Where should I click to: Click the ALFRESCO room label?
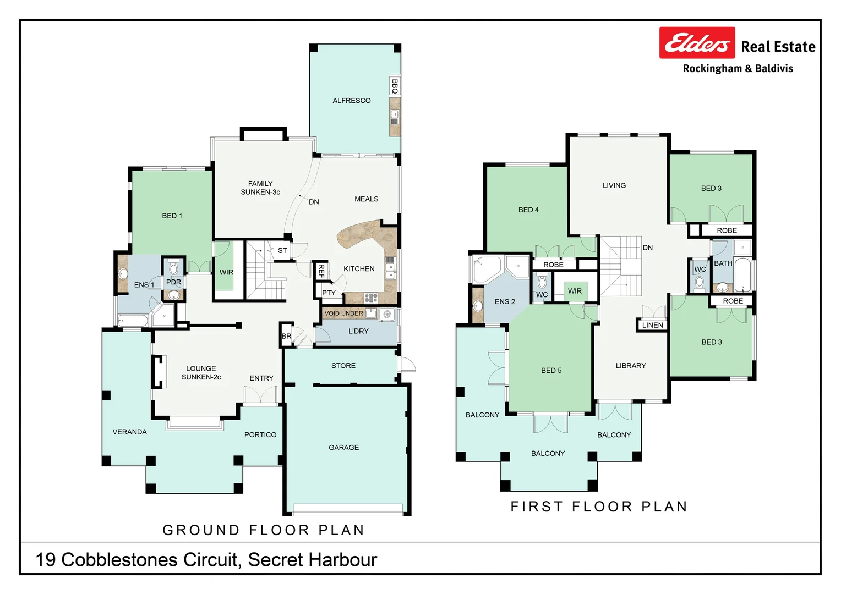[351, 101]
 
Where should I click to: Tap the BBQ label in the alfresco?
[395, 86]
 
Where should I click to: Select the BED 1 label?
[172, 216]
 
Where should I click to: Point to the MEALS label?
[366, 199]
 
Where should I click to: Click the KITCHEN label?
[359, 269]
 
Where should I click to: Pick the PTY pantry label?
[329, 293]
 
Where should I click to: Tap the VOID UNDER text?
[343, 313]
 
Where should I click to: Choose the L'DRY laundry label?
[358, 331]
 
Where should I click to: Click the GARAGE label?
[343, 448]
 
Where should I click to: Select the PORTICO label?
[260, 435]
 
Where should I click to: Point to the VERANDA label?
[129, 432]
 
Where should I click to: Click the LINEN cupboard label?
[652, 326]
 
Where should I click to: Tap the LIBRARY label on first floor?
[631, 366]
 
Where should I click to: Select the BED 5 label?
[551, 371]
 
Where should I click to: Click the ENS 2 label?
[505, 302]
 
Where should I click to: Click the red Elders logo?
[697, 43]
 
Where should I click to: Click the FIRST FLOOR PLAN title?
[599, 507]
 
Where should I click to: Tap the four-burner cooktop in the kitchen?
[371, 298]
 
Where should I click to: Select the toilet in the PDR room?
[174, 268]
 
